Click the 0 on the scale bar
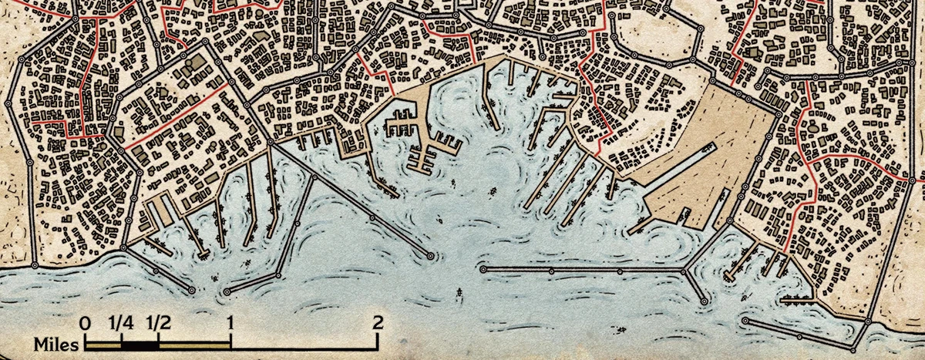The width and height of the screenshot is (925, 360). (x=85, y=323)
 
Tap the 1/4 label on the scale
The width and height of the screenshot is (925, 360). (x=121, y=323)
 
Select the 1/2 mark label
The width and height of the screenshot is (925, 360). (x=158, y=323)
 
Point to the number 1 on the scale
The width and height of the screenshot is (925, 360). (x=231, y=323)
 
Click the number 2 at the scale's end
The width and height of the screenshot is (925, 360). (x=377, y=323)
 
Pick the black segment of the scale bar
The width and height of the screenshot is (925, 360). (x=140, y=343)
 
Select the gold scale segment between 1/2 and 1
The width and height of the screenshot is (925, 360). (x=194, y=343)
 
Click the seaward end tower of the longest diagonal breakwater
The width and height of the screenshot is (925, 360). (x=430, y=254)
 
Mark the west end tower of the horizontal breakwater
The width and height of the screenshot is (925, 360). (x=483, y=271)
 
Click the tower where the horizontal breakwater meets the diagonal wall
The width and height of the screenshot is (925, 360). (x=685, y=271)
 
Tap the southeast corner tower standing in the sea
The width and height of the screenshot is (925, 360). (x=866, y=321)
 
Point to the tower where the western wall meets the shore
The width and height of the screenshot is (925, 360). (x=123, y=247)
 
